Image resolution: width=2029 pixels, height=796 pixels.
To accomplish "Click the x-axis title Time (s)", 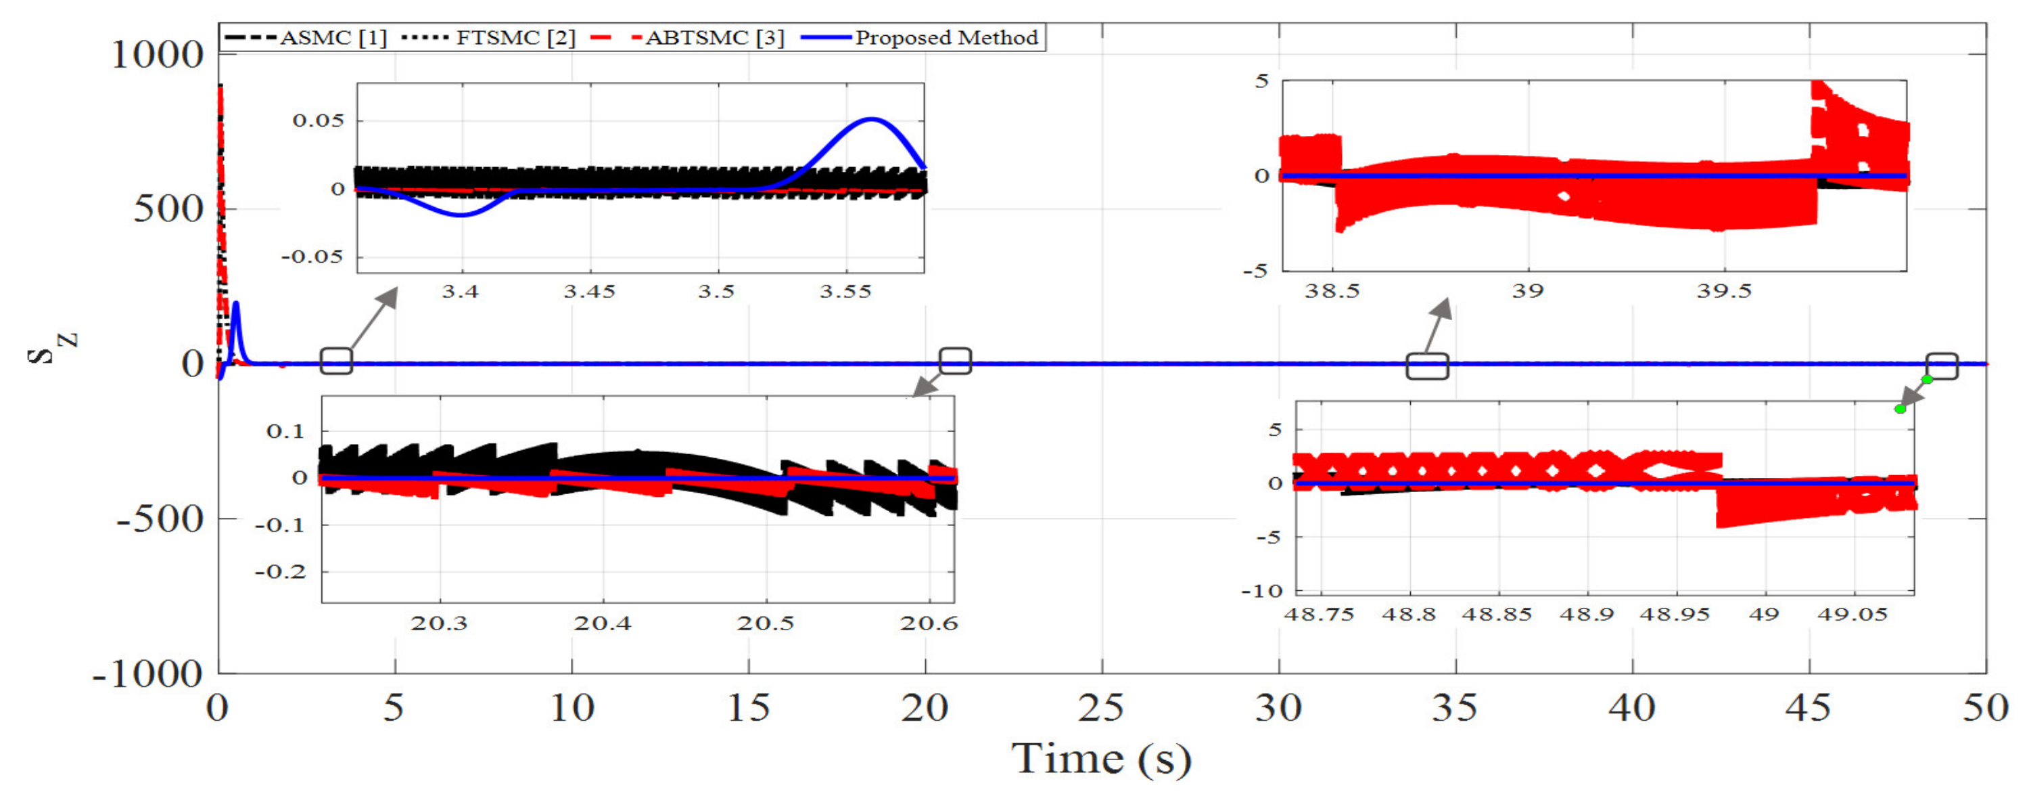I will pos(1101,758).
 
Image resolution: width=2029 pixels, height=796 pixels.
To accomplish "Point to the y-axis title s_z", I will pos(52,347).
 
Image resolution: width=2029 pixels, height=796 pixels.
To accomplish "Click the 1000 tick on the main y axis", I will pos(158,56).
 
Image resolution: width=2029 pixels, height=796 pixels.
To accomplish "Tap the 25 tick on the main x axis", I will pos(1100,708).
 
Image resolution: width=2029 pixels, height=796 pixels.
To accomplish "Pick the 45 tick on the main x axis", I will pos(1808,708).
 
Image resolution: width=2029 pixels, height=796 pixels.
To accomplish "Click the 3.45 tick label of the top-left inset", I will pos(589,292).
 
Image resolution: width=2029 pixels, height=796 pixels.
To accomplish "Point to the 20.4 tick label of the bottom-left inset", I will pos(603,623).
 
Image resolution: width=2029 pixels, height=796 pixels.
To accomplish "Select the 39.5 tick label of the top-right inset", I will pos(1724,292).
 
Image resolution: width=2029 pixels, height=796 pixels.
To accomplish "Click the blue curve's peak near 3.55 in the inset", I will pos(871,120).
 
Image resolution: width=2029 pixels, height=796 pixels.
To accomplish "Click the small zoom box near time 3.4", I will pos(336,361).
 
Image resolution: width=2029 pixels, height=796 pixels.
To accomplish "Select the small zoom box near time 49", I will pos(1942,366).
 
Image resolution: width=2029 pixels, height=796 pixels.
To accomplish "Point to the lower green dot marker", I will pos(1900,409).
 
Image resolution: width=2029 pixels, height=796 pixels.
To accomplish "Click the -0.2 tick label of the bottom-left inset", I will pos(279,571).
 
